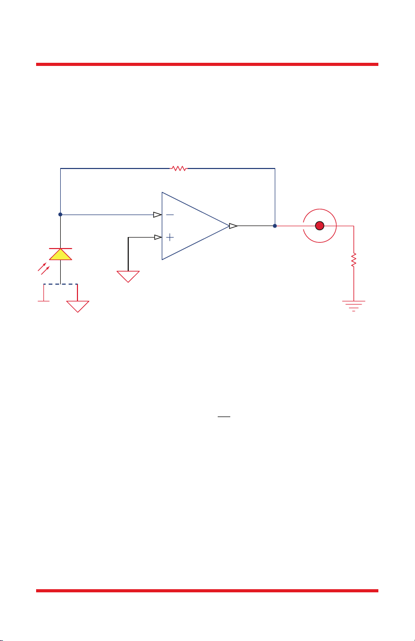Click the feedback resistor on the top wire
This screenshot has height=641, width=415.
(179, 168)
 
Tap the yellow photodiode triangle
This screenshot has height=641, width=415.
(61, 255)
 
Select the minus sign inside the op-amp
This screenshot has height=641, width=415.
(170, 215)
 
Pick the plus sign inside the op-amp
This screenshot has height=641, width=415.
(170, 237)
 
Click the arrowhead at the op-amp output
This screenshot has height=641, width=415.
(233, 226)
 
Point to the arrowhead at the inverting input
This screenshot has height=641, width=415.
(157, 215)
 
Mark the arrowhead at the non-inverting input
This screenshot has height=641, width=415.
(158, 237)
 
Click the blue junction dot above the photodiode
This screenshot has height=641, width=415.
(61, 215)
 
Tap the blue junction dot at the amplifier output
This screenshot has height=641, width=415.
(275, 226)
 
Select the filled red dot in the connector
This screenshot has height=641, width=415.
(320, 226)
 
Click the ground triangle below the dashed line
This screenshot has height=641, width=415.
(77, 306)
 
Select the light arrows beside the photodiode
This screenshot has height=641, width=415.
(42, 268)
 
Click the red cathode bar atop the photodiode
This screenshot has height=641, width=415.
(61, 247)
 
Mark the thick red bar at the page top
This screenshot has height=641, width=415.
(207, 64)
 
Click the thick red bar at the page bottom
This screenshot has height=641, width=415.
(207, 591)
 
